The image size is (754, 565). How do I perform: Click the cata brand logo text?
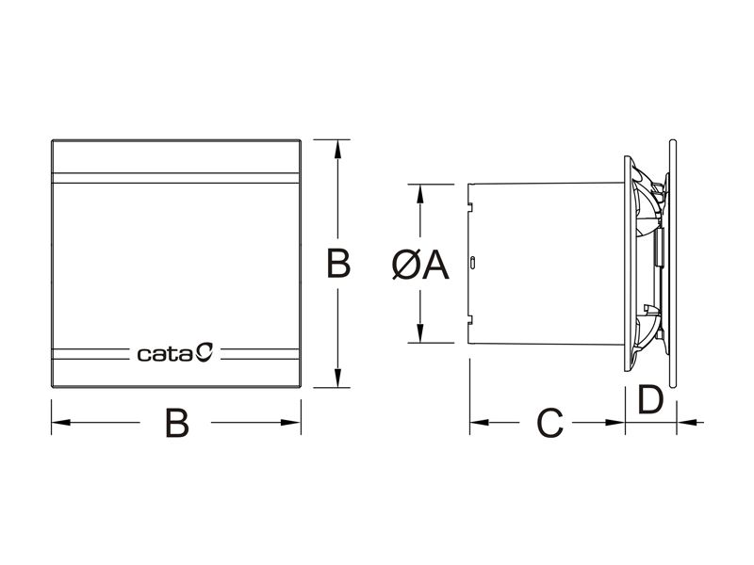click(x=165, y=355)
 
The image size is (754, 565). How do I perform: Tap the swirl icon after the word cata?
click(x=205, y=354)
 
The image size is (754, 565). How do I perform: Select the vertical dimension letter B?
click(x=338, y=265)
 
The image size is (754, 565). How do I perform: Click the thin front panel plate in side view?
click(x=674, y=264)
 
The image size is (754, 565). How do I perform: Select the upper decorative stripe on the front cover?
click(x=175, y=174)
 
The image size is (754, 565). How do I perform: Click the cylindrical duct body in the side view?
click(x=547, y=264)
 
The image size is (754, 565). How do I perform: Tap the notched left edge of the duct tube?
click(x=468, y=264)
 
